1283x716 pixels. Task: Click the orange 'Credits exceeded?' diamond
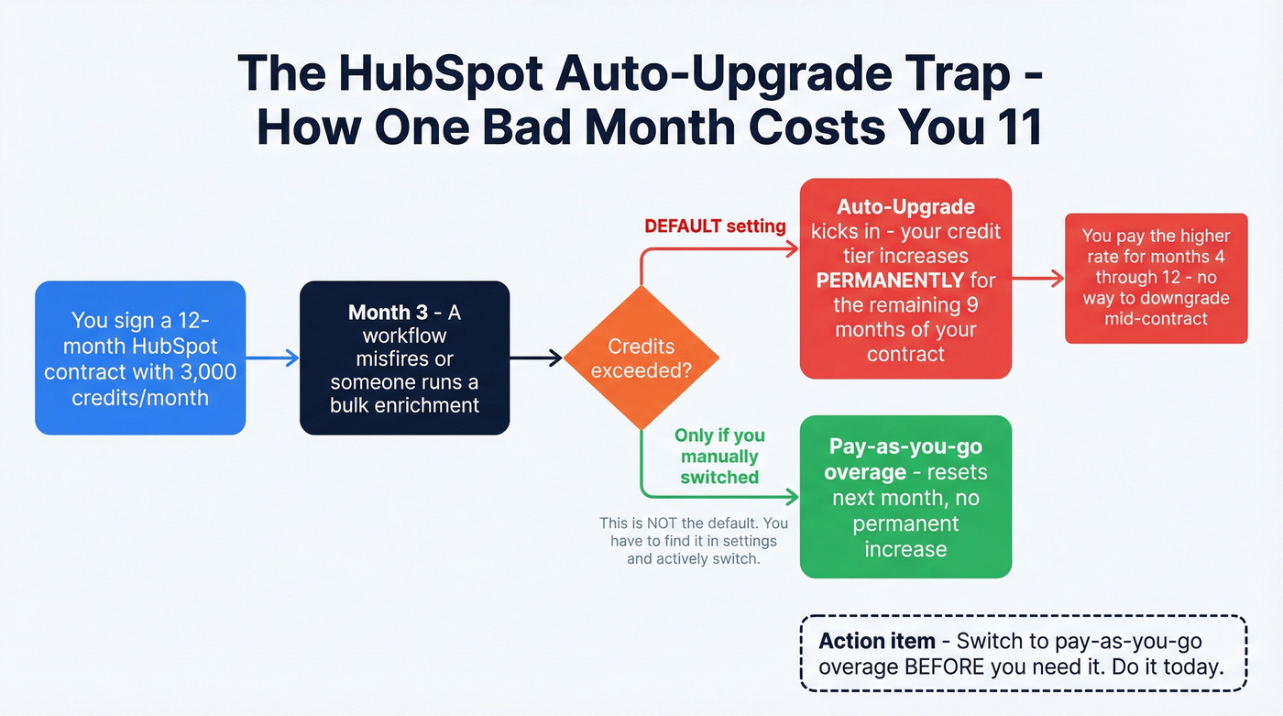click(641, 358)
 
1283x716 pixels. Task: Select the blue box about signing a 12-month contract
click(140, 358)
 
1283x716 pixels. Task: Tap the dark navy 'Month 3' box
click(404, 358)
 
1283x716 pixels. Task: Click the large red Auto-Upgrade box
click(905, 279)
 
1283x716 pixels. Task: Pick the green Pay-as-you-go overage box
click(905, 497)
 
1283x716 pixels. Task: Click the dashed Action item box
click(1024, 654)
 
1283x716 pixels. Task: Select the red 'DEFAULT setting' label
click(715, 226)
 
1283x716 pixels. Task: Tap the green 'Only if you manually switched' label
click(719, 457)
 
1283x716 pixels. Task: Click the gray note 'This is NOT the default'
click(694, 541)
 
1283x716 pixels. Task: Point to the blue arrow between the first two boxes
click(272, 358)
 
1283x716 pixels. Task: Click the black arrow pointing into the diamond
click(536, 358)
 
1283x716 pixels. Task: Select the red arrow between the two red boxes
click(1037, 279)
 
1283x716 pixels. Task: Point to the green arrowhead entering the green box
click(791, 497)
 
